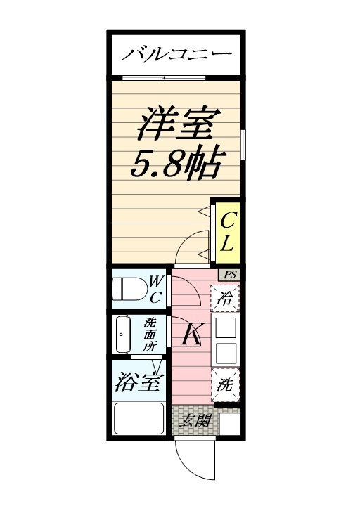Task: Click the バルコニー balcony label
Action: [177, 53]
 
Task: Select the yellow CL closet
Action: [228, 233]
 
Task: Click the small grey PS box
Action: [231, 274]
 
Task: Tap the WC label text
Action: [156, 289]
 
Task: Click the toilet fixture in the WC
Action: [131, 290]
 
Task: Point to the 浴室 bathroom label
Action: [138, 383]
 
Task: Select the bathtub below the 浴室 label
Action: [139, 420]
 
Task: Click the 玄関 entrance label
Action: [195, 422]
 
